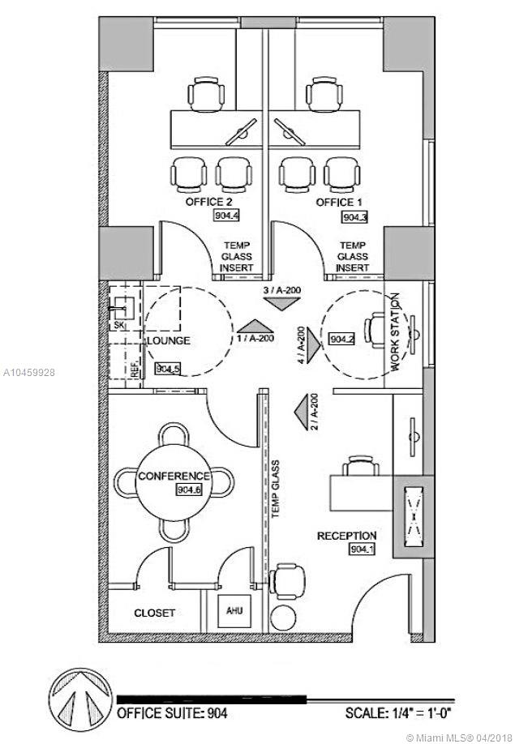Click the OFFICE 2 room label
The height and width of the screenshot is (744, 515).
[210, 202]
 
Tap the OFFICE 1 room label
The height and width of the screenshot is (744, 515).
[335, 202]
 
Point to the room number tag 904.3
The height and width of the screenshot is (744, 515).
[355, 217]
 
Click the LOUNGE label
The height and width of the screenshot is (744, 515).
[170, 341]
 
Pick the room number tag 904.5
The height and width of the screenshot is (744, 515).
[167, 368]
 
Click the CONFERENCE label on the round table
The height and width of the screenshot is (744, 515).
[174, 476]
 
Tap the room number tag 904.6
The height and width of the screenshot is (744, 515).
[188, 490]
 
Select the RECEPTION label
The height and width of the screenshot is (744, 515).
[346, 536]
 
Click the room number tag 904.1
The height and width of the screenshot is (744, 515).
[362, 550]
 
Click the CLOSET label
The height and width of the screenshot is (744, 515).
[154, 614]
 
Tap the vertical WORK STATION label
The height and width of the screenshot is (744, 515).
[397, 343]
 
